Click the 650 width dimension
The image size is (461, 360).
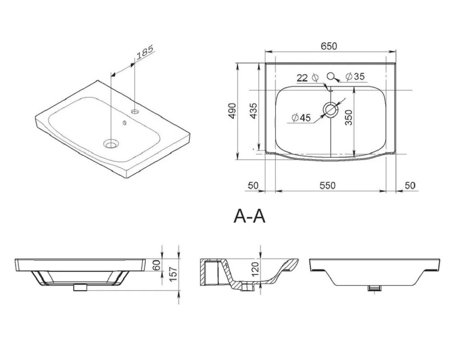pos(328,46)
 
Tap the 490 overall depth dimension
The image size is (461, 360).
pos(232,111)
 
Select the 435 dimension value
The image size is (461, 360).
pos(253,111)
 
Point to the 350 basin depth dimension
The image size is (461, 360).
pos(349,117)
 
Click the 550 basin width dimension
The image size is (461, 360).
pos(327,185)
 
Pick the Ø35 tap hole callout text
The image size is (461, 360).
pos(355,76)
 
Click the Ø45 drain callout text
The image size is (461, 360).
pos(301,117)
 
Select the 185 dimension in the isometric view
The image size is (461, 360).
pos(145,52)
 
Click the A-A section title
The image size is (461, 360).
pos(249,216)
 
